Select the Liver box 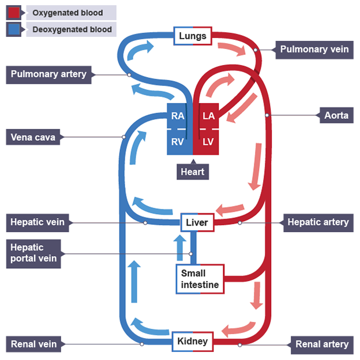197,222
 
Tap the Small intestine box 200,279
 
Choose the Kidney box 193,342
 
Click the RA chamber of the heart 178,116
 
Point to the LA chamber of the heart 208,116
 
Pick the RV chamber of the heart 178,141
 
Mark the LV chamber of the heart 208,141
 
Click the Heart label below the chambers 192,171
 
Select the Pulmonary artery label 48,74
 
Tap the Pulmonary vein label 314,50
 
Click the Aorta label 336,115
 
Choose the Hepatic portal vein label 35,253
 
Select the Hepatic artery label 318,222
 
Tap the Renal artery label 322,344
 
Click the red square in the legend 14,12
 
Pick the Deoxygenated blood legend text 72,29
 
